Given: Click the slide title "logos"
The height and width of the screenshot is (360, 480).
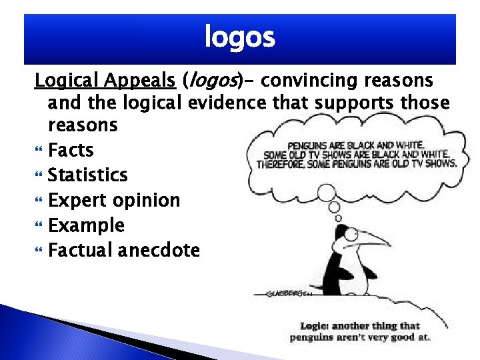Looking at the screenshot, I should pyautogui.click(x=239, y=38).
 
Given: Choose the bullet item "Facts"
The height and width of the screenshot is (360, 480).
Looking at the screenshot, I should pyautogui.click(x=71, y=150).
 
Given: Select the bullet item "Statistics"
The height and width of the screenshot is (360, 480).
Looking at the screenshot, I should pyautogui.click(x=87, y=175).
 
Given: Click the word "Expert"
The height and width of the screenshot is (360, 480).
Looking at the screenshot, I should pyautogui.click(x=77, y=201).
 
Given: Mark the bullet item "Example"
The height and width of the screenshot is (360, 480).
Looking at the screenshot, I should pyautogui.click(x=86, y=225).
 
